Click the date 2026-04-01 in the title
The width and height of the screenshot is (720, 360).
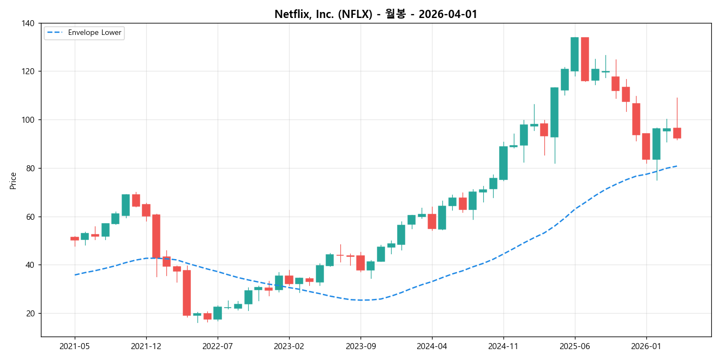[448, 15]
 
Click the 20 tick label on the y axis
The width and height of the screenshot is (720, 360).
[31, 314]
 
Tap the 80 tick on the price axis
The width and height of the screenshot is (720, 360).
[31, 169]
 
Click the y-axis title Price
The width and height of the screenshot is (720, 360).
[13, 181]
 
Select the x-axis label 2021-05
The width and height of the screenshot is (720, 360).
[75, 346]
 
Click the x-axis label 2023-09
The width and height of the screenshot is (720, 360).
[361, 346]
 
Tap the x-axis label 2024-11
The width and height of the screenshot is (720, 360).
[503, 346]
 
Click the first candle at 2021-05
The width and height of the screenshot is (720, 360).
[75, 238]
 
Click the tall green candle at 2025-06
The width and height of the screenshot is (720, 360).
[574, 54]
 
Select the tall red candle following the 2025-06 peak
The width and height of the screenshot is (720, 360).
[585, 59]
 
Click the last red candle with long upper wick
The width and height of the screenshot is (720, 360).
[677, 133]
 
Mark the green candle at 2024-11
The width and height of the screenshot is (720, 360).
[503, 163]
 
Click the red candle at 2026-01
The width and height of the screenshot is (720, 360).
[646, 146]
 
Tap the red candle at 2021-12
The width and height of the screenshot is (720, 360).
[146, 210]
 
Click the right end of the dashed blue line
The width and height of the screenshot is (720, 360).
[677, 166]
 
